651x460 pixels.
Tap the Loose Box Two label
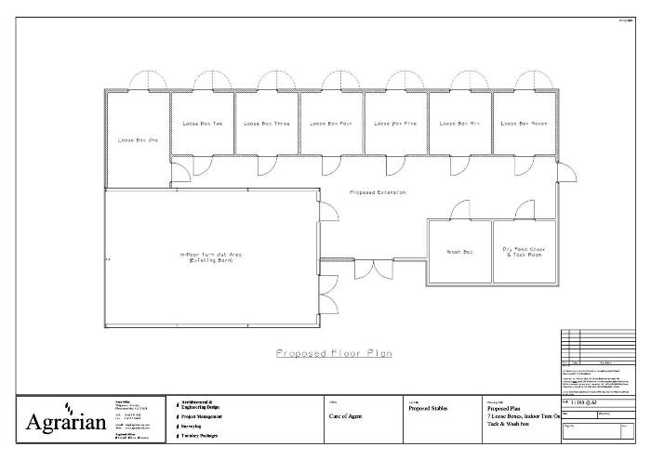pos(202,124)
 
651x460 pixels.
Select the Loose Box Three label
pos(267,124)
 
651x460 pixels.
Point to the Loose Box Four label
pos(330,124)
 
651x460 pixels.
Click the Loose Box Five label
pos(395,124)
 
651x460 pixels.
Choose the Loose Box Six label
pos(459,124)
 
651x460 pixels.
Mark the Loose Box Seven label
pos(523,124)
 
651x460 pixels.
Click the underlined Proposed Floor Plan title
pos(334,353)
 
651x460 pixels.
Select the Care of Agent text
pos(346,417)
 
